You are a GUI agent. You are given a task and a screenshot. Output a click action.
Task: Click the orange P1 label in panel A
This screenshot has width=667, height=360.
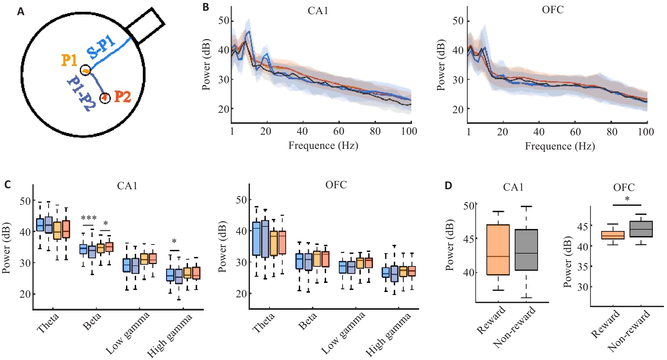coord(69,60)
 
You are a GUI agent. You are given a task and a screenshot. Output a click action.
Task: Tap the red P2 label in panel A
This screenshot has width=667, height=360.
coord(122,97)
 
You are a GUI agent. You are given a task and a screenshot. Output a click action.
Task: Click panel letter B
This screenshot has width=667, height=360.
coord(206,7)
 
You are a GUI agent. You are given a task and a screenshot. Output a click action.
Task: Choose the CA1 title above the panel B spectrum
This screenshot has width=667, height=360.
coord(318,11)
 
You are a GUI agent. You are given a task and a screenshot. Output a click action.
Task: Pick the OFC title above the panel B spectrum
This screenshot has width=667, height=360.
coord(552,10)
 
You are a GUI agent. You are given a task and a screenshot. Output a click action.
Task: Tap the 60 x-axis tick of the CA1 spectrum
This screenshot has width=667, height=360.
coord(339,131)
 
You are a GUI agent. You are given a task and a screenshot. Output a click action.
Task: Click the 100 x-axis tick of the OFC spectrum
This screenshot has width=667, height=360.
coord(645,132)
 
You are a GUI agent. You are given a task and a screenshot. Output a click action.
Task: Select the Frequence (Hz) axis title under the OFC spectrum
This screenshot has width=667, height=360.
coord(560,146)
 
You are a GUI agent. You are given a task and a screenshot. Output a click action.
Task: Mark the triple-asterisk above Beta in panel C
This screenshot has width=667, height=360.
coord(89,218)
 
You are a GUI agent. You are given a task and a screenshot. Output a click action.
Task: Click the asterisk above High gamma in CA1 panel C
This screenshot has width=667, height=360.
coord(174,241)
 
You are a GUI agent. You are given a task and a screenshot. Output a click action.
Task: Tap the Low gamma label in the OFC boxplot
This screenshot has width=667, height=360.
coord(343,333)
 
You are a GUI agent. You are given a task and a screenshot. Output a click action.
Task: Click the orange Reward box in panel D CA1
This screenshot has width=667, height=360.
coord(498,250)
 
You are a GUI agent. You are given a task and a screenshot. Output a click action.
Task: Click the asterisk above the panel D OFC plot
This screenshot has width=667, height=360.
coord(627,199)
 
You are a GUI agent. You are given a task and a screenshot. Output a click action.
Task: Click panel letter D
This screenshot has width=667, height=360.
coord(448,186)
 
